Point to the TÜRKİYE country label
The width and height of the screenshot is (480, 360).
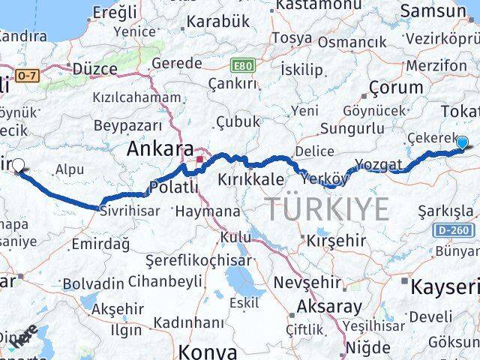point(326,208)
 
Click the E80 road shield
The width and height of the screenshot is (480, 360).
point(242,66)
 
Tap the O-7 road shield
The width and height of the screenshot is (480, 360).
point(26,75)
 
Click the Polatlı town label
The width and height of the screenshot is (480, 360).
point(174,186)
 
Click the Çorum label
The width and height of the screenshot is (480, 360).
point(396,87)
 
